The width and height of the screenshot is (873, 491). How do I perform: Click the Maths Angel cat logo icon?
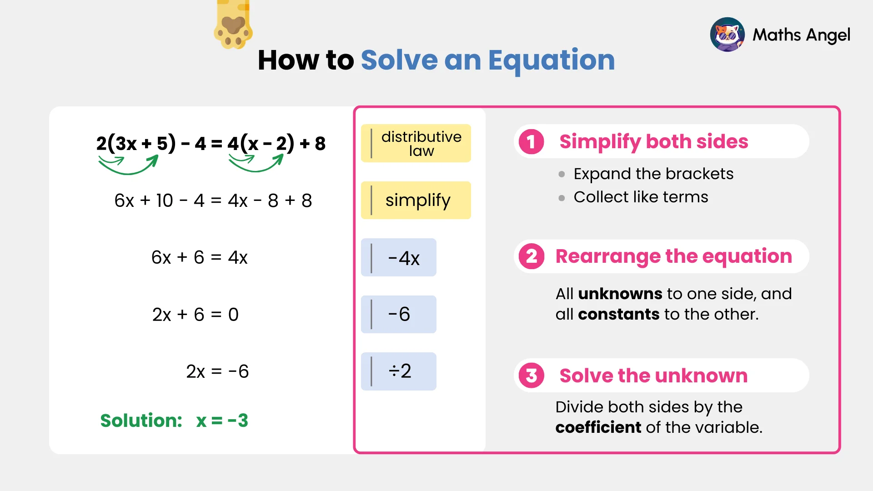click(727, 35)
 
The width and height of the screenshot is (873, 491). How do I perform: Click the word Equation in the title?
click(551, 60)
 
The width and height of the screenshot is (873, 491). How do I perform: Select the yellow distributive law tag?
click(416, 143)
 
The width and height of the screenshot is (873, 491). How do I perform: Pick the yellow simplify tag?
click(416, 200)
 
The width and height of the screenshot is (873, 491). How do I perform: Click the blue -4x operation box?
click(399, 257)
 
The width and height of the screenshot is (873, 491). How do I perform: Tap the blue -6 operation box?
click(399, 314)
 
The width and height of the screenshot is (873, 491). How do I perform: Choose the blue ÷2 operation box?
click(399, 371)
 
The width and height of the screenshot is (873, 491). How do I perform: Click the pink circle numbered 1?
click(531, 141)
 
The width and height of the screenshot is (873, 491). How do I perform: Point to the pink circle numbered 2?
click(531, 256)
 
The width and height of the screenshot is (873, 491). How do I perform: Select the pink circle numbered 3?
click(531, 376)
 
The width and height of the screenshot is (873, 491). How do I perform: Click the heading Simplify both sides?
click(653, 141)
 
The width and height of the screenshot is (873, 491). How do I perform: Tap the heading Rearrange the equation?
click(673, 256)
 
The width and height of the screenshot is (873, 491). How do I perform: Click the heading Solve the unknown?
click(653, 376)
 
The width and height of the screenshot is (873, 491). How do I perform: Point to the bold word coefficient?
click(598, 427)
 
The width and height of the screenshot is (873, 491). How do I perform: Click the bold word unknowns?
click(620, 294)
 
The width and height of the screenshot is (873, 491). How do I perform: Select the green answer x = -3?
click(222, 421)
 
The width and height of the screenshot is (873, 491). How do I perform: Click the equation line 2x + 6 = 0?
click(196, 314)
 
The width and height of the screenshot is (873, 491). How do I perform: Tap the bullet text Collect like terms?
click(641, 197)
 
